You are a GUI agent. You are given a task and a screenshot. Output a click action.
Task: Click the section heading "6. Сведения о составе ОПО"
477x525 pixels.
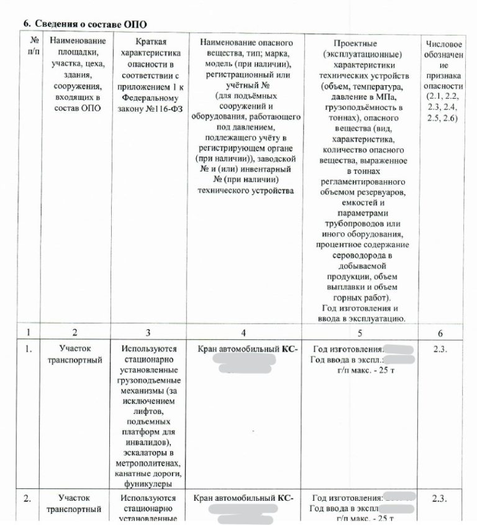click(x=85, y=24)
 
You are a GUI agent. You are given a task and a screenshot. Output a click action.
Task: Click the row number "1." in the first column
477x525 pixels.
click(x=28, y=349)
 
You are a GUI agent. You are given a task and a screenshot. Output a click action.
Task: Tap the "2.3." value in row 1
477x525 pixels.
click(x=440, y=349)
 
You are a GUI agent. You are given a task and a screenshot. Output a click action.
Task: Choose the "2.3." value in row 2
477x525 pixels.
click(x=440, y=498)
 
